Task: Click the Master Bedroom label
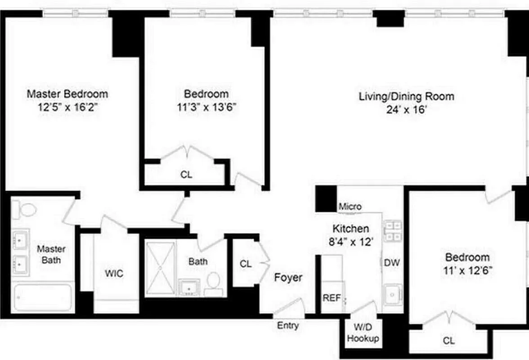(x=67, y=94)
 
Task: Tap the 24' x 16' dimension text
(x=406, y=110)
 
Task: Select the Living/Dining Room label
(x=406, y=96)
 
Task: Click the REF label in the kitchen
(x=332, y=298)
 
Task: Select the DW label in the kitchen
(x=392, y=263)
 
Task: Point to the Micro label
(x=350, y=207)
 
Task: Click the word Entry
(x=287, y=326)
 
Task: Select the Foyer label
(x=288, y=278)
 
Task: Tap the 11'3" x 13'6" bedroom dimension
(x=206, y=108)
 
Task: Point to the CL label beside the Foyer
(x=246, y=264)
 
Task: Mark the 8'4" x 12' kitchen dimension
(x=350, y=242)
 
